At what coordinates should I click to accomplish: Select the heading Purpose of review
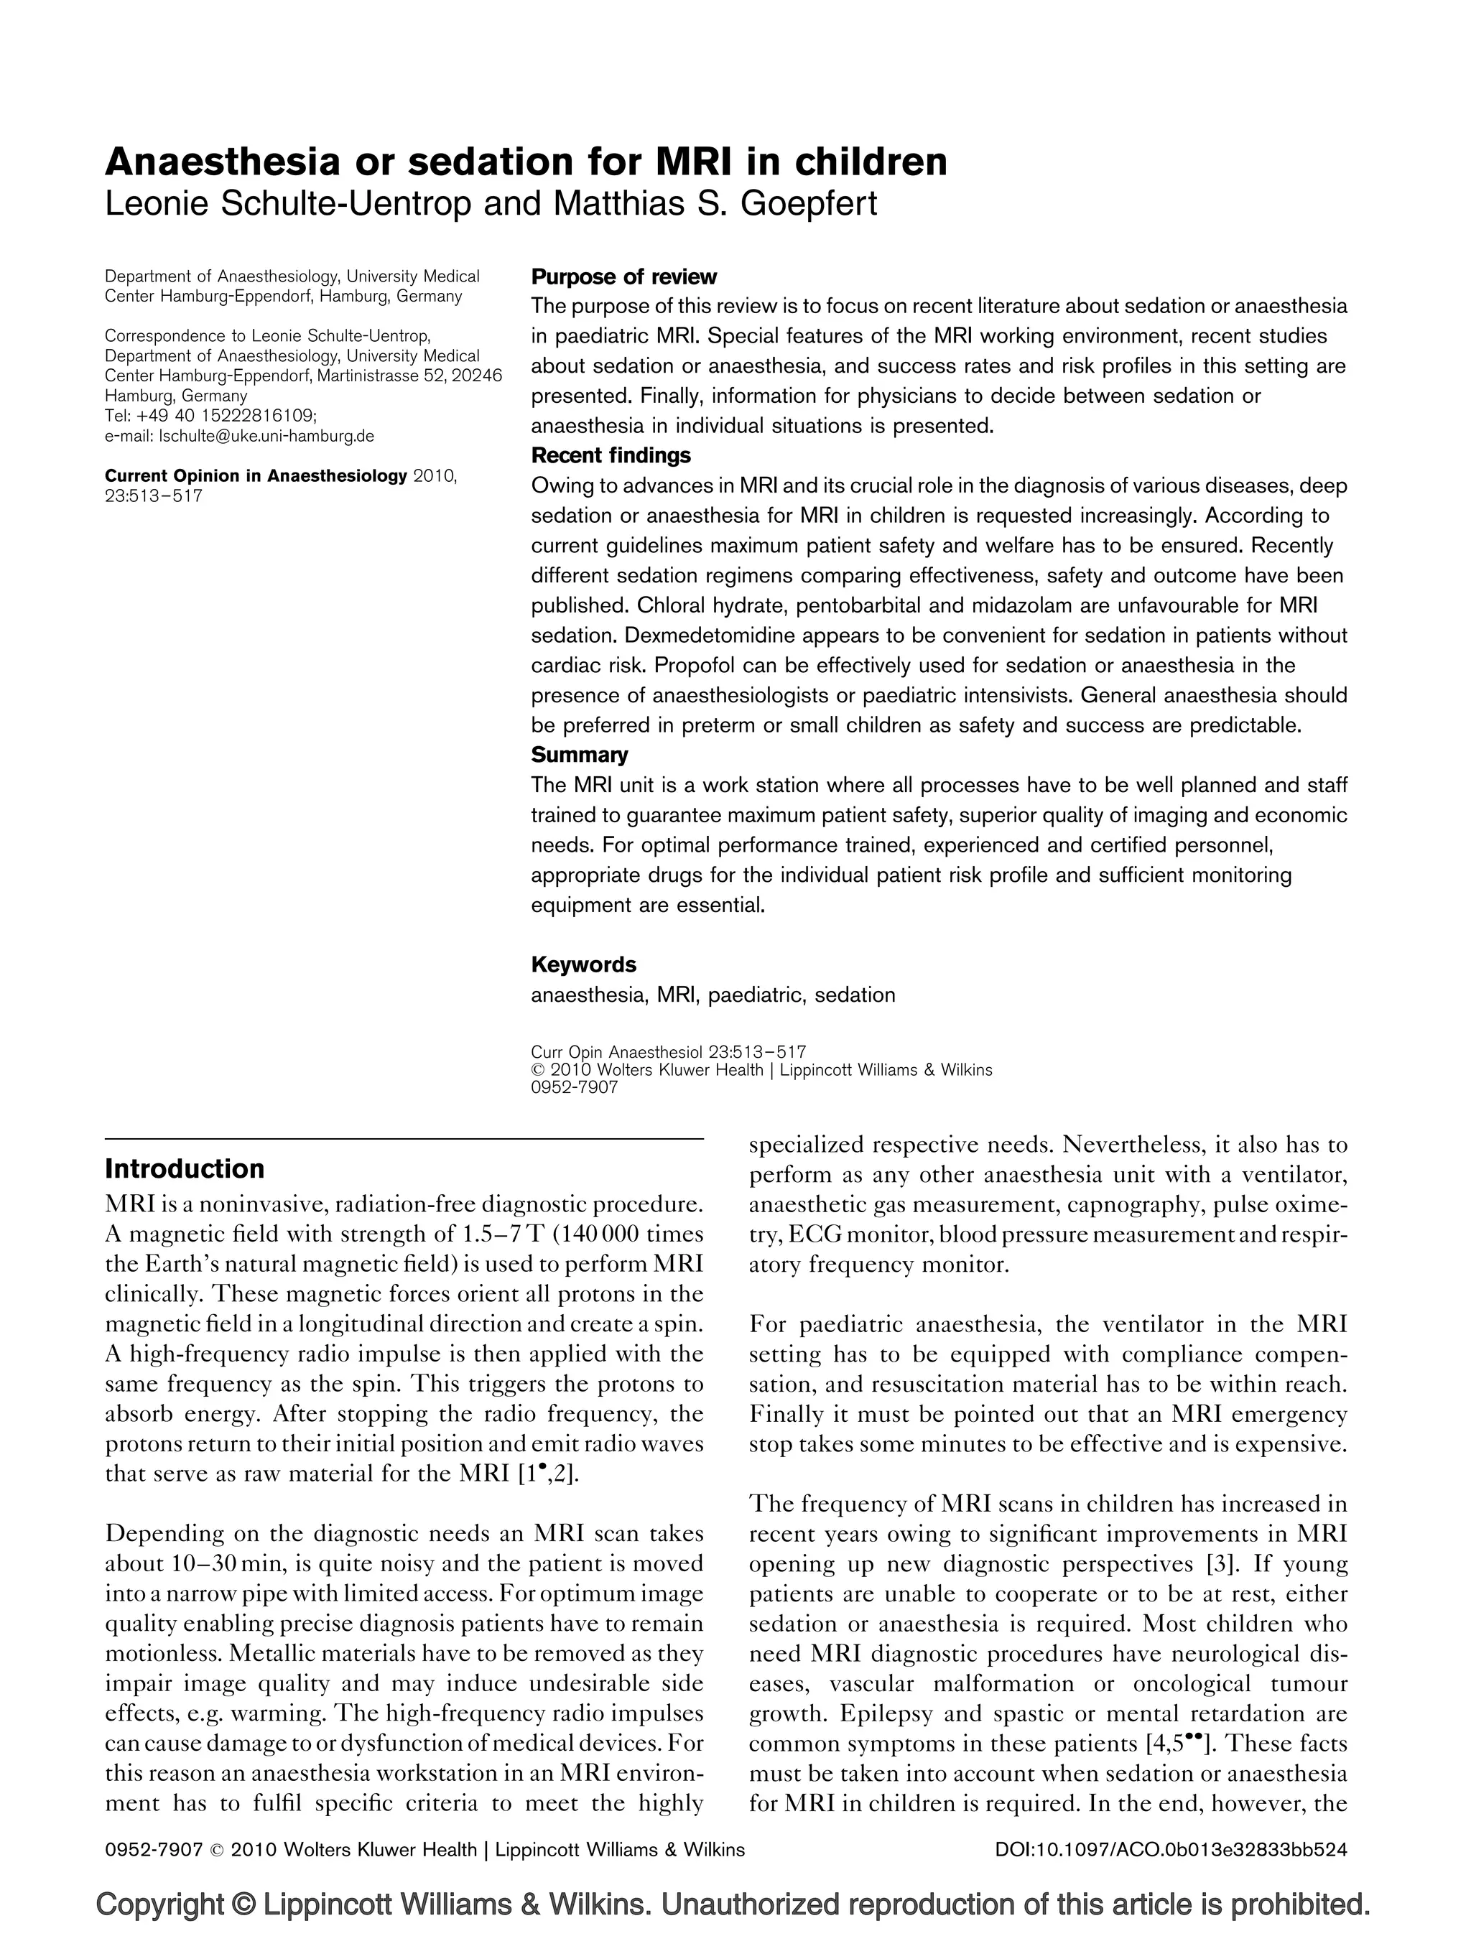(623, 277)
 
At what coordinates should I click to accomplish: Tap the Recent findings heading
(611, 456)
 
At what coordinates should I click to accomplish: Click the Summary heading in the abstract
(579, 755)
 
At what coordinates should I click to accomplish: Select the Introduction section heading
(184, 1169)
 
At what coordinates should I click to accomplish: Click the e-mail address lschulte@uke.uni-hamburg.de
(265, 436)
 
